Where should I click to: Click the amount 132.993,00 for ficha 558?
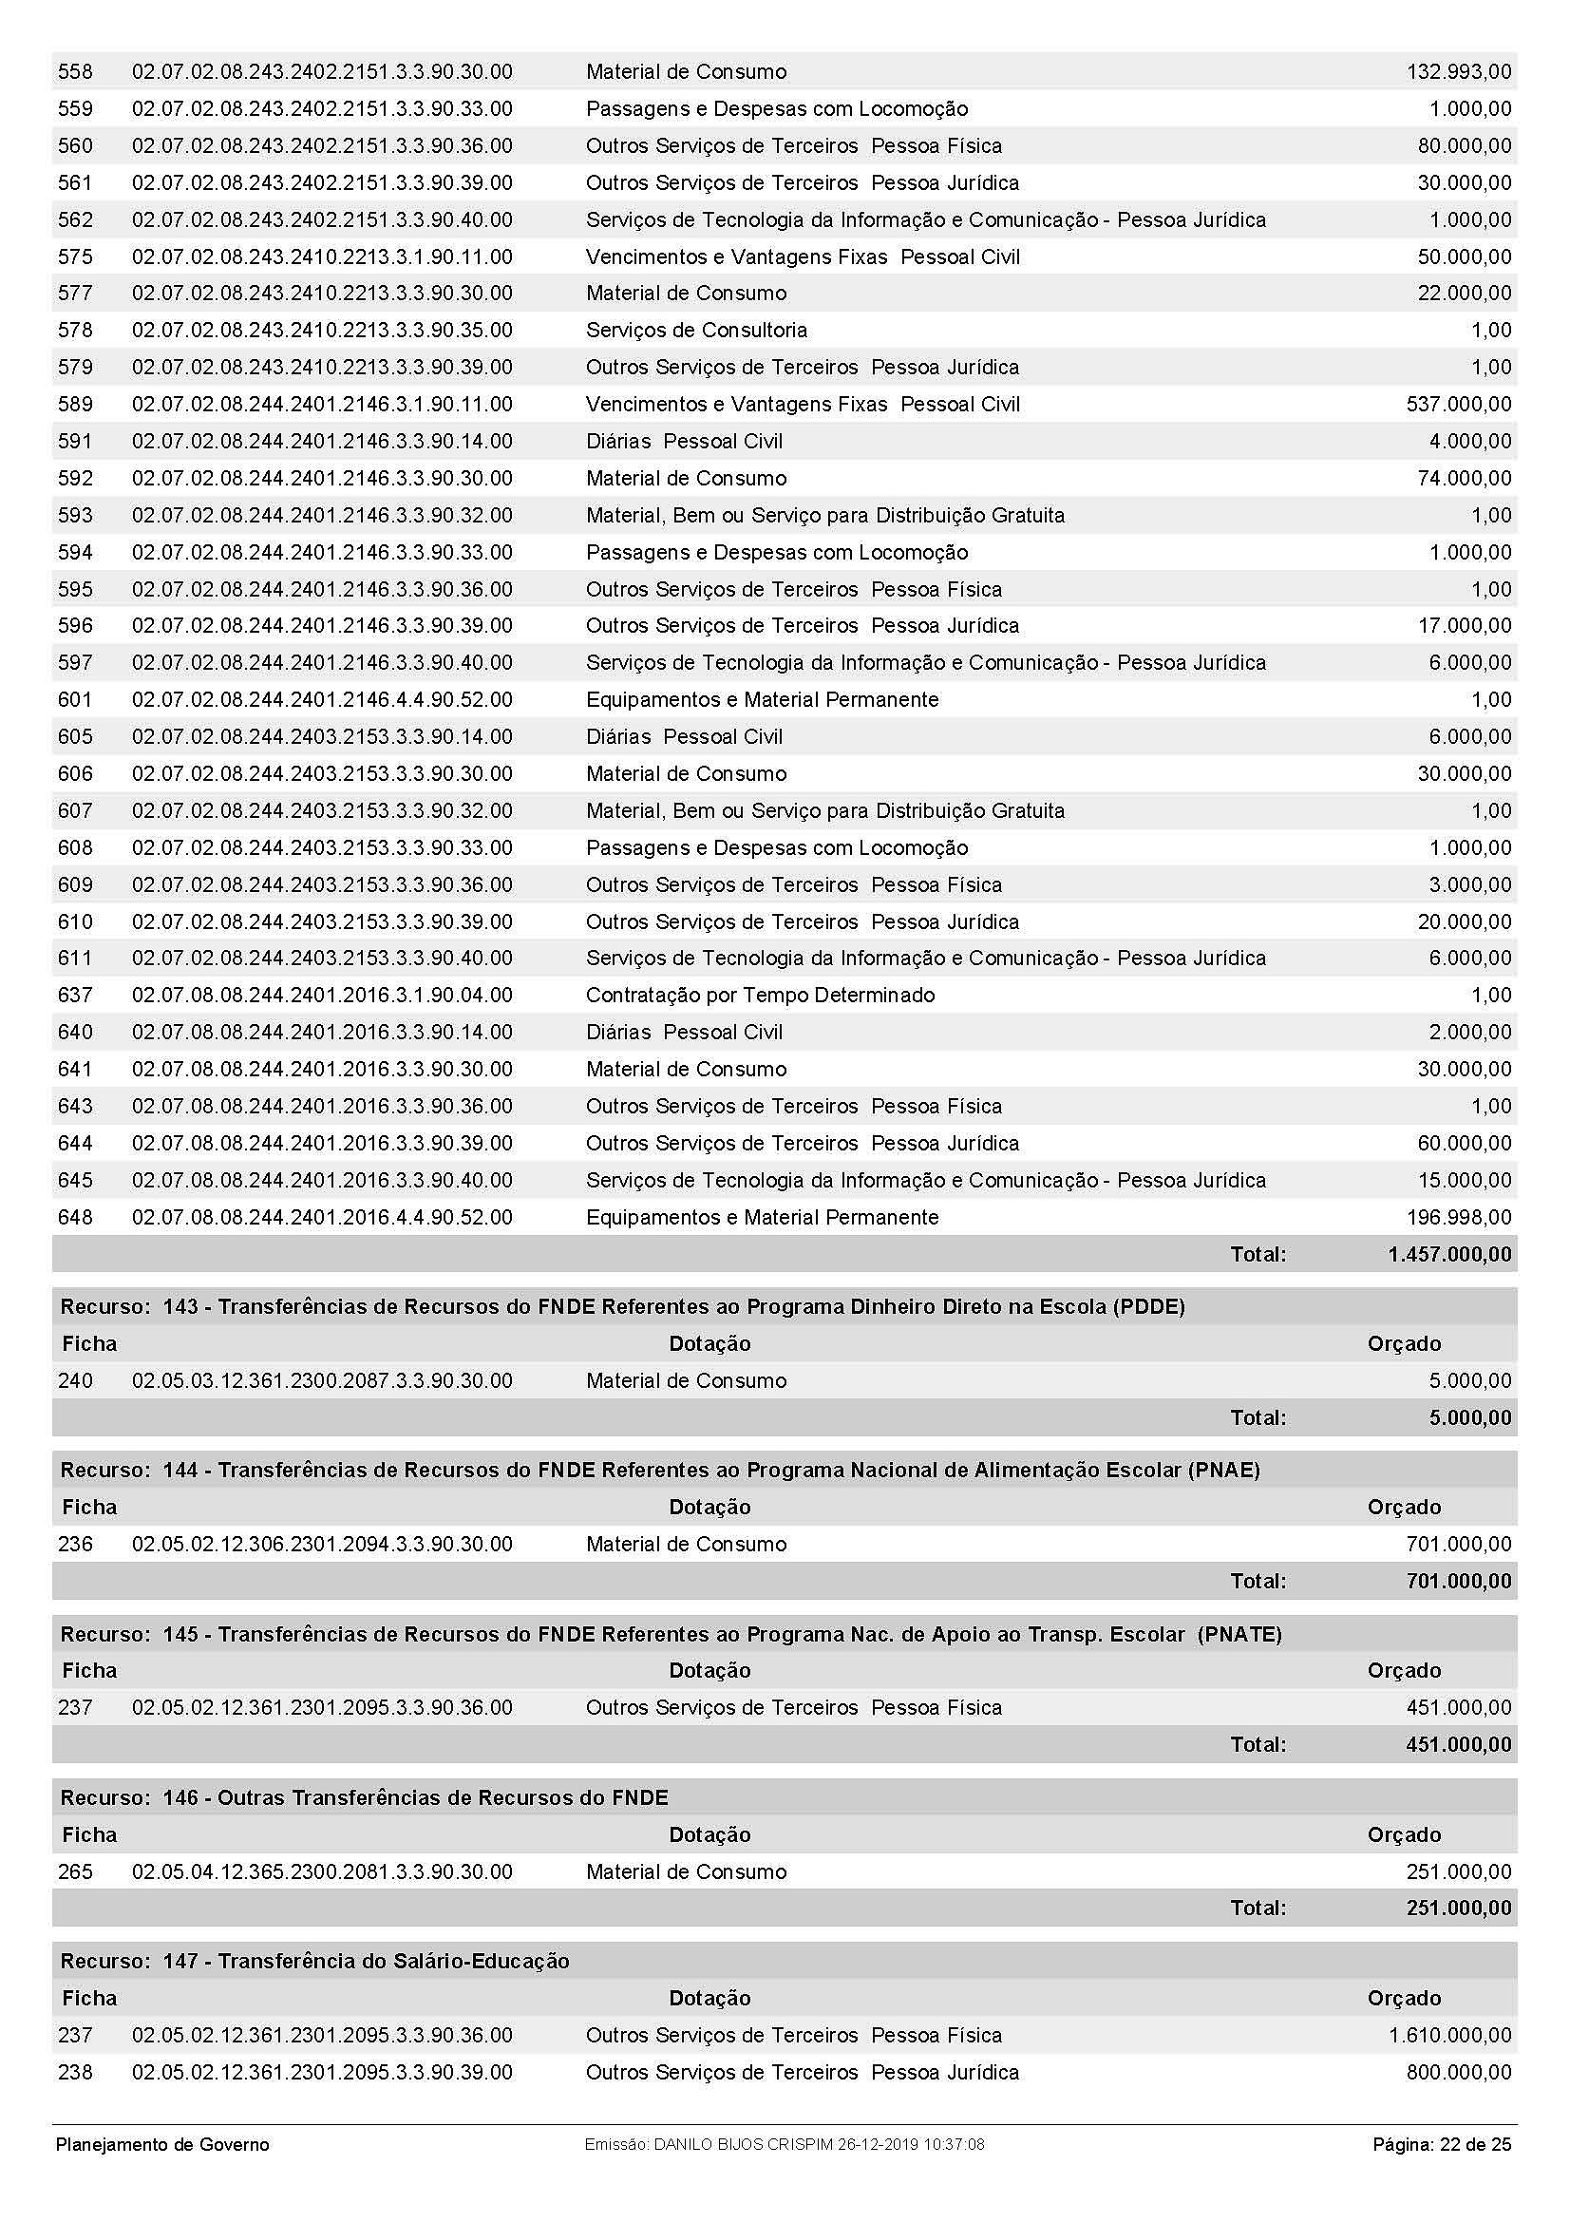(x=1458, y=71)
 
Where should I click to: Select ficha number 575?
(x=75, y=256)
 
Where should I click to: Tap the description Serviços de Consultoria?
(x=695, y=330)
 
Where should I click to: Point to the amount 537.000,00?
(x=1458, y=405)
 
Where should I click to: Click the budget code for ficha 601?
(x=322, y=700)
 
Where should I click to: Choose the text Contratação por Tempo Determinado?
(x=760, y=995)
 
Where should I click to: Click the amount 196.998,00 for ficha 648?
(x=1458, y=1218)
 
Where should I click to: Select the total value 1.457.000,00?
(x=1449, y=1254)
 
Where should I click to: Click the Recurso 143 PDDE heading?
(x=622, y=1306)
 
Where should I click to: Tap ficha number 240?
(x=75, y=1381)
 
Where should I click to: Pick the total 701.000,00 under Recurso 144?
(x=1458, y=1582)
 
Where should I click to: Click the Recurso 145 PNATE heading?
(x=671, y=1635)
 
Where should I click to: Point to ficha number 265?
(x=75, y=1871)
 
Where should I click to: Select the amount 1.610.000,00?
(x=1449, y=2035)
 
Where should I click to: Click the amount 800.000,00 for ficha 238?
(x=1458, y=2072)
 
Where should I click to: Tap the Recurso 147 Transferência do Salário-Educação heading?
(x=314, y=1961)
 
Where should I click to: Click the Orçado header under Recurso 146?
(x=1404, y=1835)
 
